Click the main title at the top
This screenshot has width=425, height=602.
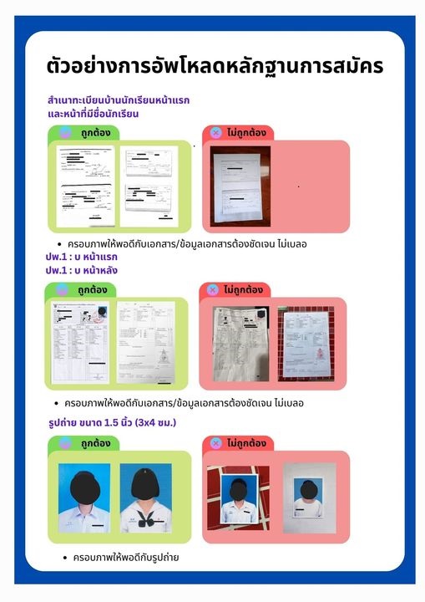(x=215, y=65)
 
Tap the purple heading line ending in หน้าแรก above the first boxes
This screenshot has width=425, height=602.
(x=119, y=99)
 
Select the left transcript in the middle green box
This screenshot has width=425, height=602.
(x=81, y=342)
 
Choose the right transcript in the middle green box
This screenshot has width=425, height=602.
(x=145, y=342)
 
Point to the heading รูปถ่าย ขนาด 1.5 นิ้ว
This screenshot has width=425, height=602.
(x=113, y=423)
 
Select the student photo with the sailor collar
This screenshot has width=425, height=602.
(x=145, y=497)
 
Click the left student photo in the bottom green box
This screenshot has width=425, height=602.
(x=83, y=497)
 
